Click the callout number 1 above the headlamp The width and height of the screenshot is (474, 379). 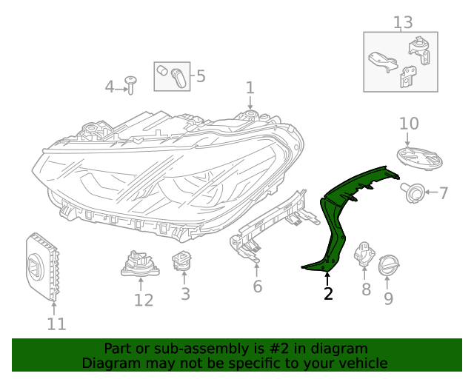click(x=250, y=87)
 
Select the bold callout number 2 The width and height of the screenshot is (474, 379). click(x=328, y=294)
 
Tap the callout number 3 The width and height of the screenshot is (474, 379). click(x=185, y=294)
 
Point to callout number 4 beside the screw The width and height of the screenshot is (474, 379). click(x=110, y=87)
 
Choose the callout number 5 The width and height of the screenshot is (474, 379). click(x=200, y=76)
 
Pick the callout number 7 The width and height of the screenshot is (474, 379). click(x=444, y=194)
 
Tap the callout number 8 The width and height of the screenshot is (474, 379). click(x=366, y=290)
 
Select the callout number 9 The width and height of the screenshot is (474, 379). click(x=388, y=298)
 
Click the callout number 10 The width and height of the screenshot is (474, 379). click(x=409, y=124)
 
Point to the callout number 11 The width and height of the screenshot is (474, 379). click(x=56, y=323)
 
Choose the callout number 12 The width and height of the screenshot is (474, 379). click(x=144, y=300)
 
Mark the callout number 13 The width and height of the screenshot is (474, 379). click(x=402, y=22)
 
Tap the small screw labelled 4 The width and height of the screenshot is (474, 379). click(x=131, y=84)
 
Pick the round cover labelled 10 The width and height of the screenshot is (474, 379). click(x=418, y=157)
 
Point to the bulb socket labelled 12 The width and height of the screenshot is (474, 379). click(x=140, y=264)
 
